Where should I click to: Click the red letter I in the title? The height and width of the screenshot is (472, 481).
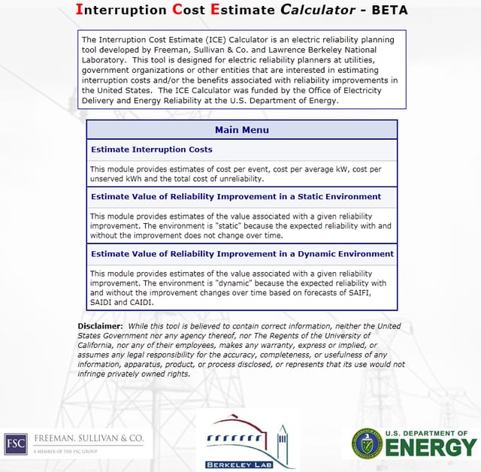(x=80, y=10)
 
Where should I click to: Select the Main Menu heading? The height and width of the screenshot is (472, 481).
(x=241, y=130)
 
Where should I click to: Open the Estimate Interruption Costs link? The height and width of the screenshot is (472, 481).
(x=151, y=150)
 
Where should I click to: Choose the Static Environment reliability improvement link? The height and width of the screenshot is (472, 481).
(x=235, y=197)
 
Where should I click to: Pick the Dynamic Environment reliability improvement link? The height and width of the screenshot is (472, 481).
(x=241, y=254)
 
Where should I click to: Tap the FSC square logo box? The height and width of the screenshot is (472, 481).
(x=15, y=443)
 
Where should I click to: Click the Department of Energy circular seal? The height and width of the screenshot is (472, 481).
(x=362, y=443)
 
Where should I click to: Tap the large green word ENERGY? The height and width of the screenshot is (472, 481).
(x=431, y=448)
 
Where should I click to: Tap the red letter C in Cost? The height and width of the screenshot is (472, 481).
(x=178, y=10)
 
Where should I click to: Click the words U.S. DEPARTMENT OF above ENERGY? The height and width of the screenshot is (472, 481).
(x=431, y=433)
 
